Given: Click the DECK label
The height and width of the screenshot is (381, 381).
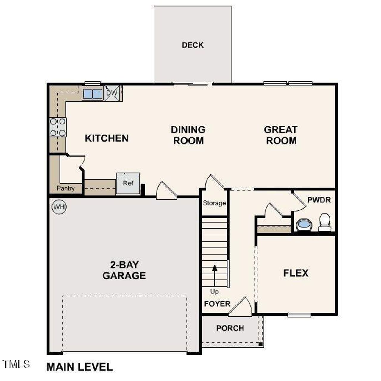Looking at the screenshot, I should [x=193, y=45].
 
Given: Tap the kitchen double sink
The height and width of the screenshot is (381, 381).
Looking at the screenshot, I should [x=93, y=94].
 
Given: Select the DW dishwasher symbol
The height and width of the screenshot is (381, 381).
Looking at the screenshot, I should [x=113, y=93].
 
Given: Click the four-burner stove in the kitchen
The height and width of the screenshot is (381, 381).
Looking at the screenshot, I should [x=58, y=127].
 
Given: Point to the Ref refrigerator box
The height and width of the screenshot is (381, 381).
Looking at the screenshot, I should [x=128, y=183].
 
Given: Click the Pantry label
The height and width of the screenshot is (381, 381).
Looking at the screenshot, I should [x=65, y=188].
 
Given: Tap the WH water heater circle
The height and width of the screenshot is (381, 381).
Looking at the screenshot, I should [x=59, y=207].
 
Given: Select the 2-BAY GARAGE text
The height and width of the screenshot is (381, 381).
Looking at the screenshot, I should [x=124, y=270].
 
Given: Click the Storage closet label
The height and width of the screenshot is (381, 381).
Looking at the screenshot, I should [x=214, y=203].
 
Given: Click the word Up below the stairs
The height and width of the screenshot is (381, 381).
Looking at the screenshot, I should [x=214, y=291].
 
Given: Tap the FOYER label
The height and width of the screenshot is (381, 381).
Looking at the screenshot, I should [x=217, y=304].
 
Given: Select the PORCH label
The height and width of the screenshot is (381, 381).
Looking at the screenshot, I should [x=230, y=328].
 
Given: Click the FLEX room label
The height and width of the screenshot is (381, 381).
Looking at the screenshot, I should [x=296, y=273].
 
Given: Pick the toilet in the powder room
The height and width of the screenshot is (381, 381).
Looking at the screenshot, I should [x=325, y=222].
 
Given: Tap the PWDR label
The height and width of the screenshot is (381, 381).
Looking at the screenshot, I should [x=319, y=200].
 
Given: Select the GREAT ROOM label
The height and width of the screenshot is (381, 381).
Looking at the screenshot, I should [x=281, y=135].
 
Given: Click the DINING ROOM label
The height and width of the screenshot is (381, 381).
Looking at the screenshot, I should [x=188, y=135].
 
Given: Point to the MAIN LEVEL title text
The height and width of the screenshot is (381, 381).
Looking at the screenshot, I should [x=80, y=367].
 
